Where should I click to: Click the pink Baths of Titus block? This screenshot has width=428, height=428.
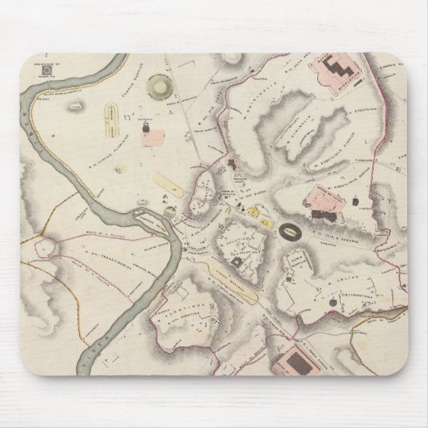319,199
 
